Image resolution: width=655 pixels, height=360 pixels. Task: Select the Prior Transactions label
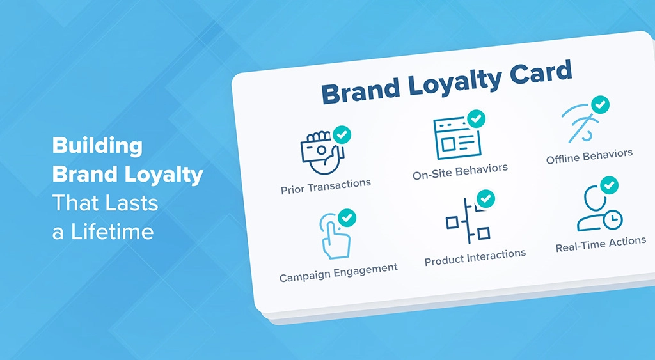pyautogui.click(x=326, y=186)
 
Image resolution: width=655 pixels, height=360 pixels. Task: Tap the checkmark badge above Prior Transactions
pyautogui.click(x=342, y=134)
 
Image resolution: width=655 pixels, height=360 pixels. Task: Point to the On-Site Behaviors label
pyautogui.click(x=460, y=171)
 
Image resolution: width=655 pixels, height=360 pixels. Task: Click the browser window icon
pyautogui.click(x=454, y=138)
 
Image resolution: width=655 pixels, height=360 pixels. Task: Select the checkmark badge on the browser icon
pyautogui.click(x=476, y=119)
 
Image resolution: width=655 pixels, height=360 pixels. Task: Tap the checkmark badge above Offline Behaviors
pyautogui.click(x=600, y=104)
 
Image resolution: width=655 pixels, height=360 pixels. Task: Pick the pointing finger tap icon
pyautogui.click(x=333, y=237)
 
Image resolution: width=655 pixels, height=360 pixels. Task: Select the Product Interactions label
pyautogui.click(x=475, y=257)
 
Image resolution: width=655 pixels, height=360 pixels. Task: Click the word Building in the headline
pyautogui.click(x=97, y=146)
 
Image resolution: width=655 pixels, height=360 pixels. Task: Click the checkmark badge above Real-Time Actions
pyautogui.click(x=610, y=186)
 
